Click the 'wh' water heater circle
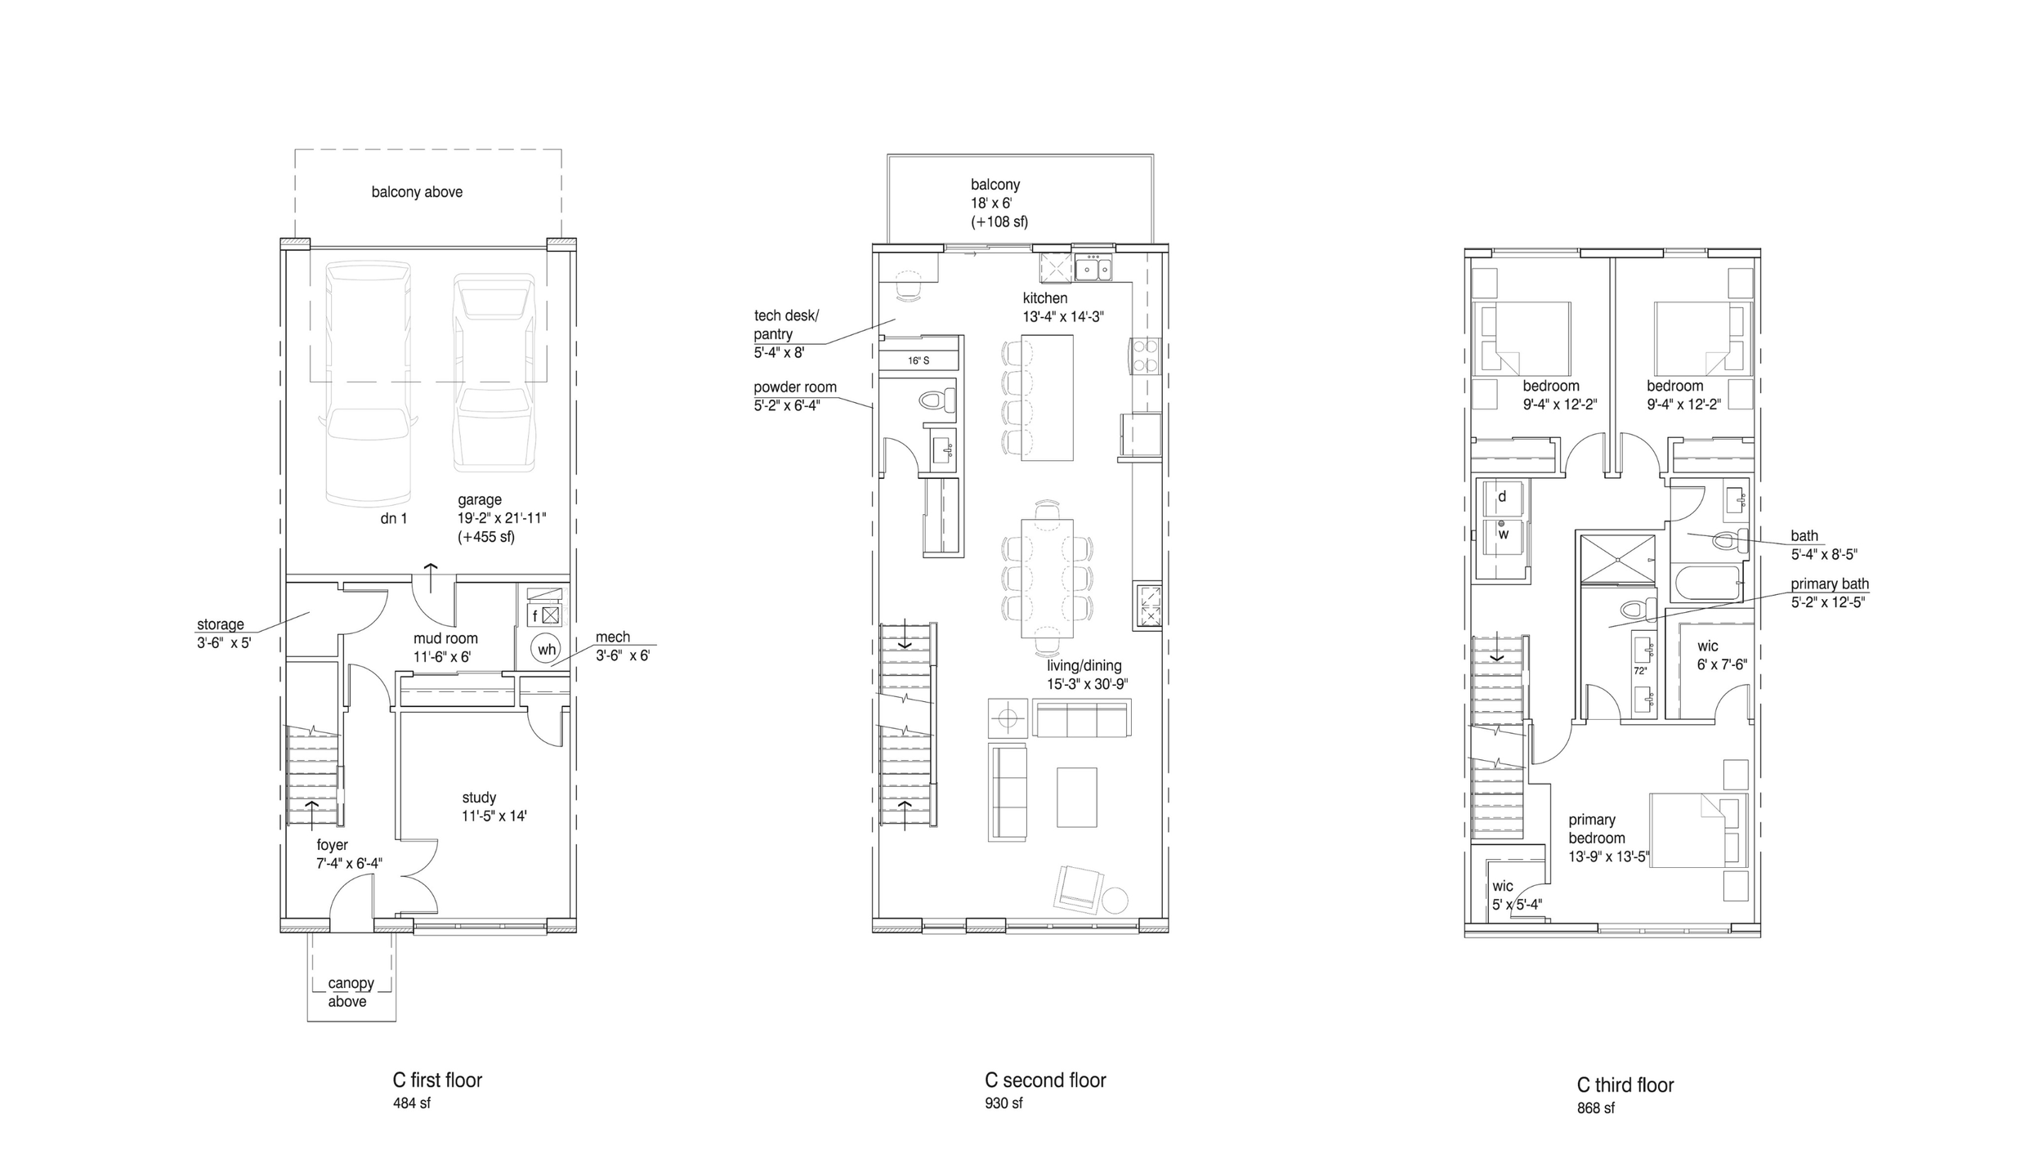pos(546,650)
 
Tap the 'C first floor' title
pos(437,1080)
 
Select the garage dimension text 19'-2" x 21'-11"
pos(502,518)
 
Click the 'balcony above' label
pos(417,192)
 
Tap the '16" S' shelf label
pos(919,360)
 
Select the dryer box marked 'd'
pos(1502,497)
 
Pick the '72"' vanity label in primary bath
pos(1639,670)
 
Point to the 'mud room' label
pos(445,638)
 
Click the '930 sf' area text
pos(1004,1103)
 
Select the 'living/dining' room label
pos(1084,665)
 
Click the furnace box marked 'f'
pos(535,615)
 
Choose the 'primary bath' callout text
pos(1830,584)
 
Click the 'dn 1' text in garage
pos(393,518)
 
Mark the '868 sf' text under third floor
pos(1595,1108)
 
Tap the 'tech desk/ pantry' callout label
pos(785,324)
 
